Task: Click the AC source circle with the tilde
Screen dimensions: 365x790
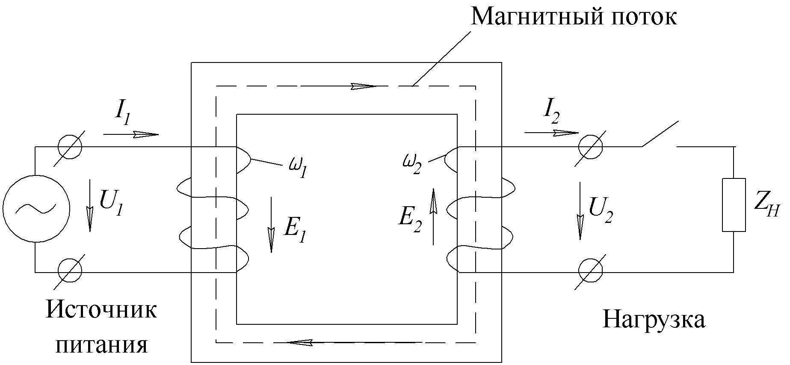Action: point(36,208)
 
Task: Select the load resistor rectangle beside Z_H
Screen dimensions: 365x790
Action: point(734,205)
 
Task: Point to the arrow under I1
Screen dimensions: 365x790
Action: point(131,134)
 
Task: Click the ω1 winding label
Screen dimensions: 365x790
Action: point(298,168)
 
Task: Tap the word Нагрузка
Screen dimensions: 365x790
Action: point(654,319)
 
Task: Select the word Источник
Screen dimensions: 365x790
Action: point(101,309)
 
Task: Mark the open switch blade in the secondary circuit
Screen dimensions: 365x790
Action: point(659,134)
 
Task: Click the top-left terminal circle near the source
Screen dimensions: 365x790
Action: point(69,147)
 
